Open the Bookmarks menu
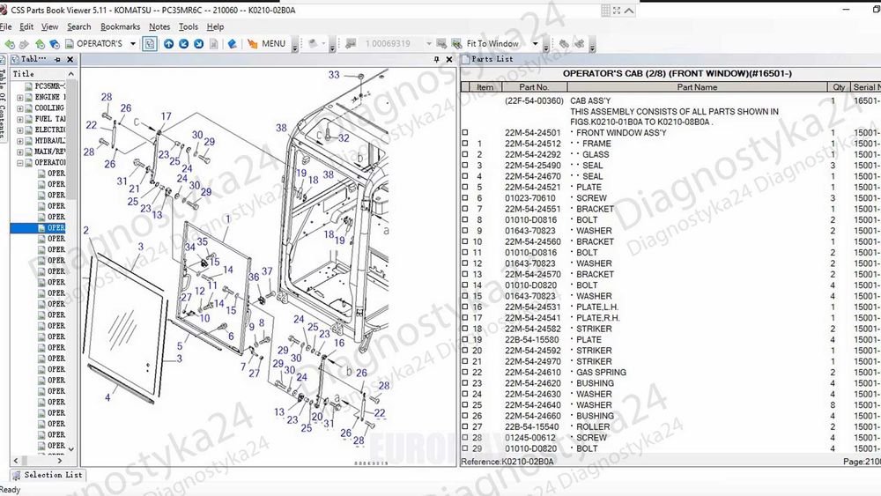click(120, 26)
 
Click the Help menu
click(215, 26)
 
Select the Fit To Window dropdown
click(498, 43)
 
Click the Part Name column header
click(697, 87)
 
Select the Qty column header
click(839, 87)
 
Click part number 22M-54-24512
click(532, 144)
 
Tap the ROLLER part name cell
click(594, 426)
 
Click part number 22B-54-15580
click(532, 339)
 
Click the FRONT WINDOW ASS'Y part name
click(621, 133)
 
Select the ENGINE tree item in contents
click(49, 97)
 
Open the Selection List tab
click(53, 475)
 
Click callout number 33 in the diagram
click(334, 75)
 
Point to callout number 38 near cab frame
click(281, 128)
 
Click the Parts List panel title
click(492, 59)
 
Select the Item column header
click(485, 87)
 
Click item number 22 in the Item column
click(478, 372)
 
